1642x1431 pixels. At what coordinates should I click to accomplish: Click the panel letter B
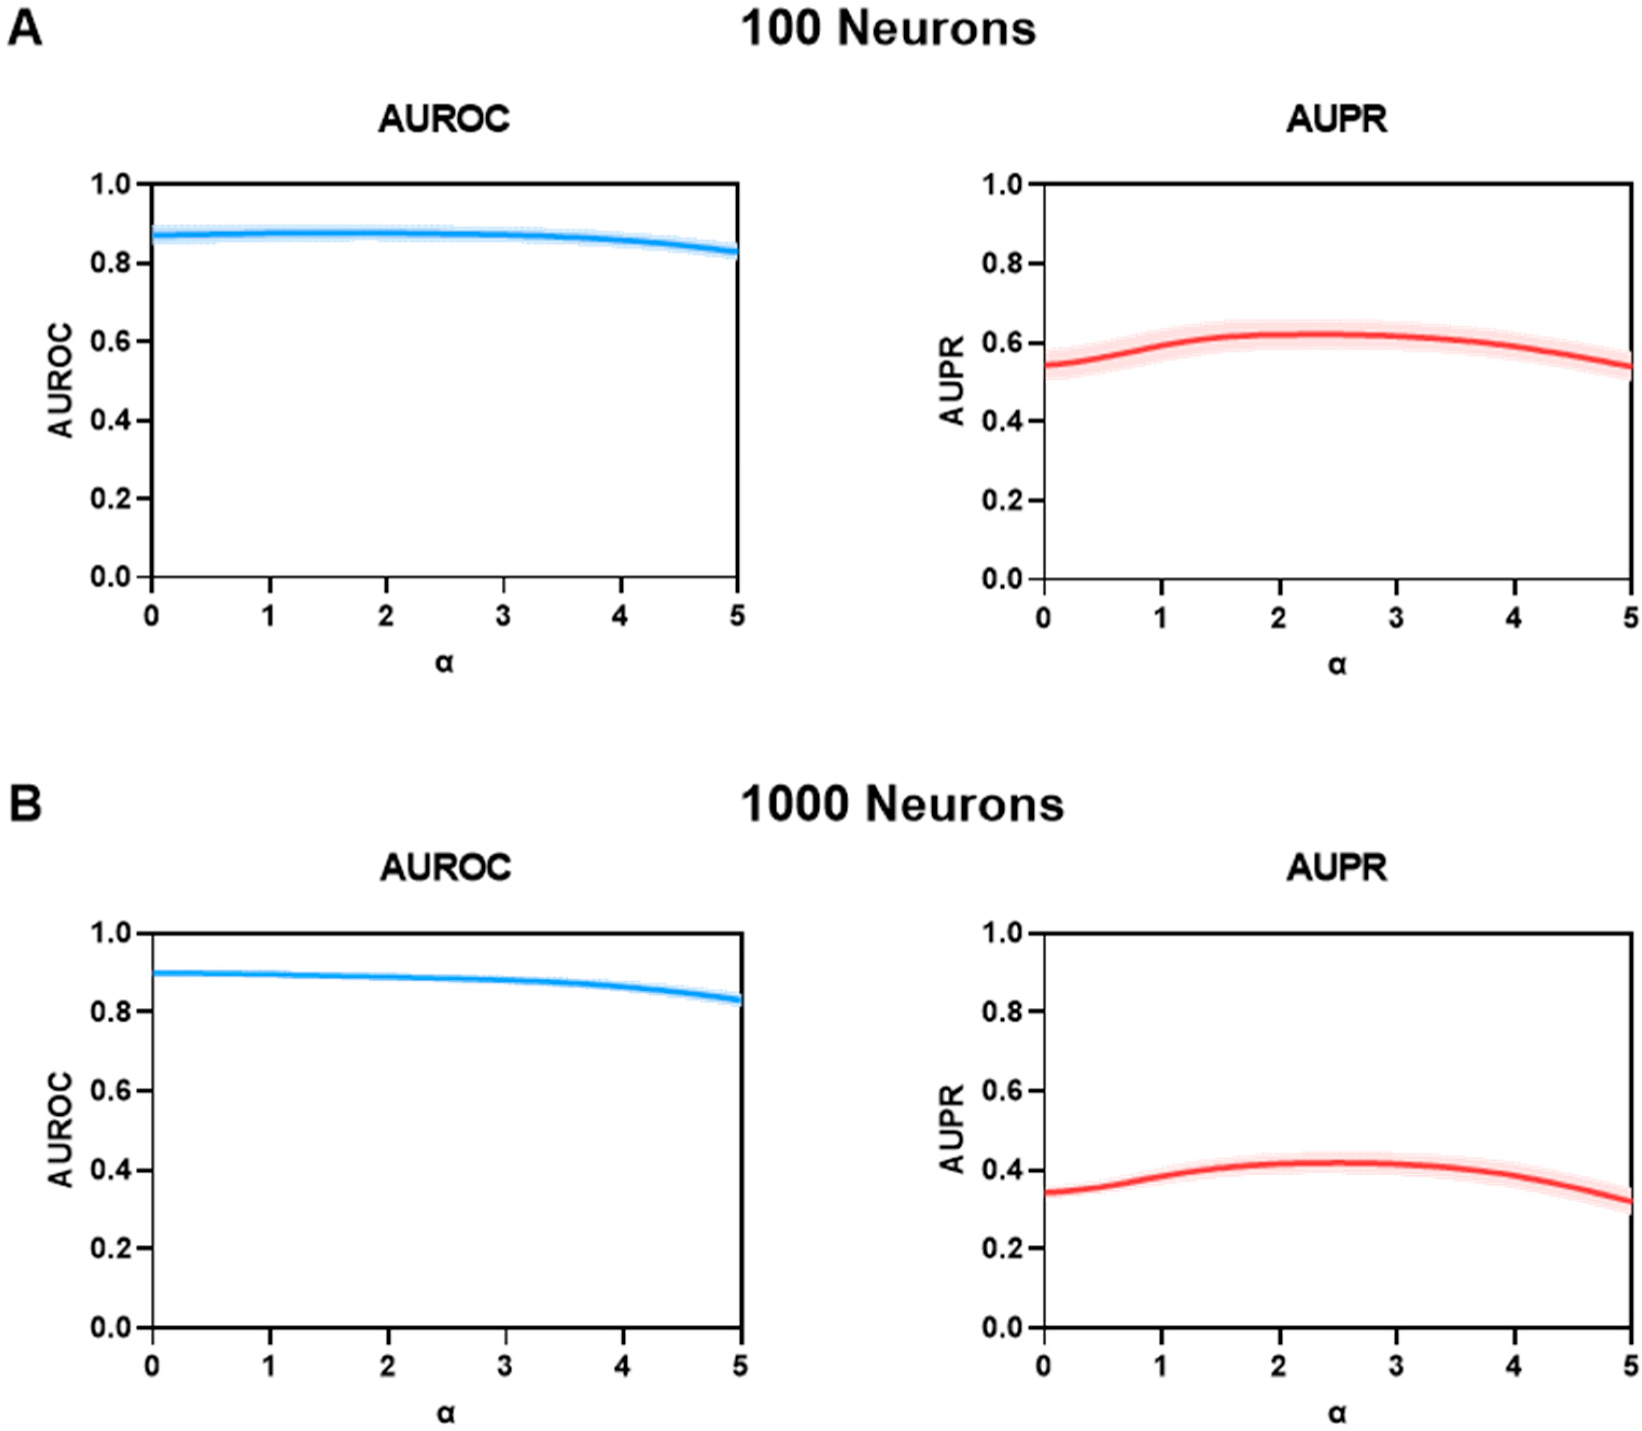[25, 804]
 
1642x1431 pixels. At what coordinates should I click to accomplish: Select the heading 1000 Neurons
[902, 804]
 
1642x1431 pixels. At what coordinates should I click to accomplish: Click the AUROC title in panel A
[444, 120]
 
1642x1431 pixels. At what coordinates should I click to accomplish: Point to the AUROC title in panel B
[445, 867]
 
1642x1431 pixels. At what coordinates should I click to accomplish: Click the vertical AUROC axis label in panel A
[61, 380]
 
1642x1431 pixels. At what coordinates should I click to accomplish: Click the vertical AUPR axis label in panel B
[953, 1128]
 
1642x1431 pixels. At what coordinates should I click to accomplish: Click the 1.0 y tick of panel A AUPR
[1002, 185]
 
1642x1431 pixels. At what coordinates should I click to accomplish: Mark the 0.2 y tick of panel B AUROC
[110, 1248]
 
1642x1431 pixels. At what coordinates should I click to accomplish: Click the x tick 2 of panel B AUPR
[1279, 1366]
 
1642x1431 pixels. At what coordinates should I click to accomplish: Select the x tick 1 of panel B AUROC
[270, 1366]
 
